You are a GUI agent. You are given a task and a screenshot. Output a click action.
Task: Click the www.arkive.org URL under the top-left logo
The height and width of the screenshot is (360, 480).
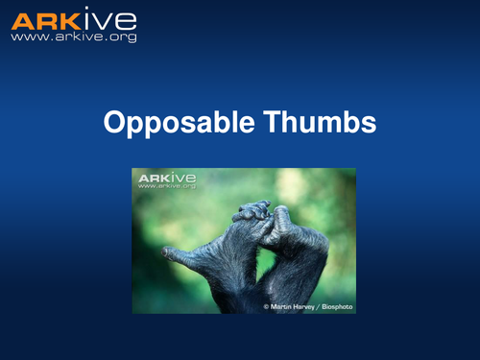(x=73, y=37)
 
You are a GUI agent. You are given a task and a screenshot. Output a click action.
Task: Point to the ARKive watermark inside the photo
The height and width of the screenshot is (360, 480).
(x=167, y=178)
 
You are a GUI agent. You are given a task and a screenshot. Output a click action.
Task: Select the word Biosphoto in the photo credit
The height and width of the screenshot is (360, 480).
(x=335, y=306)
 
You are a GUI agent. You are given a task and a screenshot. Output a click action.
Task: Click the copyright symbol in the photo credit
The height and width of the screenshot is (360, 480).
(x=267, y=306)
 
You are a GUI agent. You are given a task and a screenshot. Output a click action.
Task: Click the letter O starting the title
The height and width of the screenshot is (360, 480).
(x=111, y=124)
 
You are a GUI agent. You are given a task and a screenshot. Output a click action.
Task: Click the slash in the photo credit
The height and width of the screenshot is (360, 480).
(x=320, y=306)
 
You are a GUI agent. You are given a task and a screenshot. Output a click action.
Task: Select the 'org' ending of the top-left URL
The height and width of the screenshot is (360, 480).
(x=124, y=37)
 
